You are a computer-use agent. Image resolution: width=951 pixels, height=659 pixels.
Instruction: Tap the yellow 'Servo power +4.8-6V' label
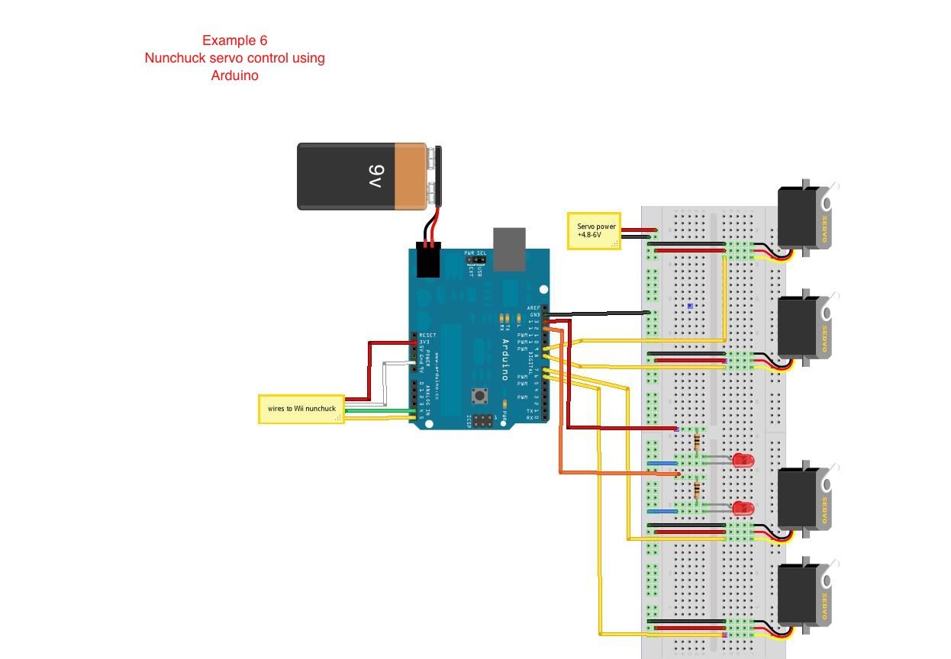594,230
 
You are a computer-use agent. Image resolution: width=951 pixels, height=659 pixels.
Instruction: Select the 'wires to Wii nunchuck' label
301,409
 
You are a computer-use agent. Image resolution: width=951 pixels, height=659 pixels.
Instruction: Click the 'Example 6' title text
234,40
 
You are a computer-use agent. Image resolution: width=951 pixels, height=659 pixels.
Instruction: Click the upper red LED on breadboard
741,460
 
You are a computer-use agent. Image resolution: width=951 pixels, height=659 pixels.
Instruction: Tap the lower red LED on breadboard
741,508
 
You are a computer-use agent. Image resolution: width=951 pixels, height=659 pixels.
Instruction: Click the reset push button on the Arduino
479,395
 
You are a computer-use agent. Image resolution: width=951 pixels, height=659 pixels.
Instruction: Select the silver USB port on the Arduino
509,249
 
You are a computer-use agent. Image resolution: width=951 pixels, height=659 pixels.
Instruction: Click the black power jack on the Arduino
429,261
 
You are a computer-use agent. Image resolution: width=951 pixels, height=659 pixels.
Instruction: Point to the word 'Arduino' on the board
505,359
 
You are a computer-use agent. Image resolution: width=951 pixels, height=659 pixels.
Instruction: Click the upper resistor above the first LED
697,442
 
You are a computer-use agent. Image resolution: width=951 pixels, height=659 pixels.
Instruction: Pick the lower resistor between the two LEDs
697,490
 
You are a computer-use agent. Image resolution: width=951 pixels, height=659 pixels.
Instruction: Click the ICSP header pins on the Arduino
482,420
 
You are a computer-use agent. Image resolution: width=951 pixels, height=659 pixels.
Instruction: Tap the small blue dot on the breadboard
690,307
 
